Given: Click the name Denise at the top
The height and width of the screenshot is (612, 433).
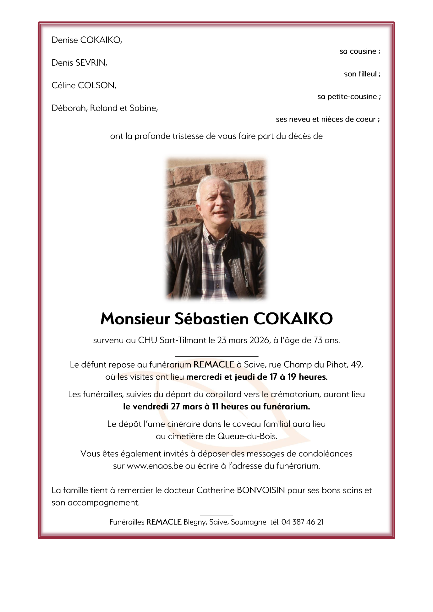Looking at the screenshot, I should pyautogui.click(x=65, y=40).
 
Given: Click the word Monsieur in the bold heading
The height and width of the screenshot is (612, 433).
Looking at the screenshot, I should pyautogui.click(x=135, y=319).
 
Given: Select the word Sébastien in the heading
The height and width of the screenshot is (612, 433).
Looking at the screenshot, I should pyautogui.click(x=211, y=319).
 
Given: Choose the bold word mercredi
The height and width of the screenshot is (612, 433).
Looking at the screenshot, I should pyautogui.click(x=204, y=377).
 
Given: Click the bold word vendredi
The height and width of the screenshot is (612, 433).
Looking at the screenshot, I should pyautogui.click(x=151, y=407).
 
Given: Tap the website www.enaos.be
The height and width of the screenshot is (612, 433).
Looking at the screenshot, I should pyautogui.click(x=155, y=466).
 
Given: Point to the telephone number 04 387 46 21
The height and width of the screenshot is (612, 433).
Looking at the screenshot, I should pyautogui.click(x=302, y=522).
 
